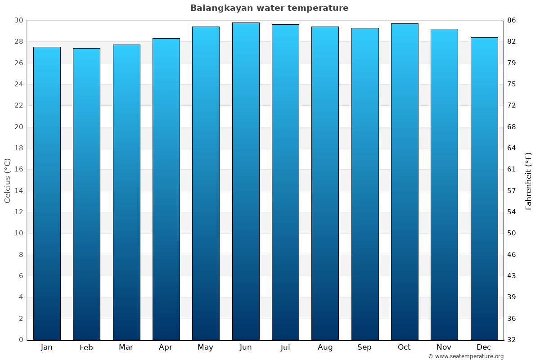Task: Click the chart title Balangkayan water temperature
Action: (269, 8)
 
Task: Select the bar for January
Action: (47, 193)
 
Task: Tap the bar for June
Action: (246, 181)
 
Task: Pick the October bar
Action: (405, 182)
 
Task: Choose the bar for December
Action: (484, 189)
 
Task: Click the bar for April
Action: (166, 189)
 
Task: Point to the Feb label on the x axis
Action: (86, 347)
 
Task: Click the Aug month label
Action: (325, 347)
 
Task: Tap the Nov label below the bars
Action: (444, 347)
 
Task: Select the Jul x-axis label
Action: (285, 347)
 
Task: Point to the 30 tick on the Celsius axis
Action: (18, 20)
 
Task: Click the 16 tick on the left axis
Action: (18, 170)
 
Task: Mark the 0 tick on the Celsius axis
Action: (21, 340)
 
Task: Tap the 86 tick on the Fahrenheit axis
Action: (512, 20)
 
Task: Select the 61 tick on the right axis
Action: (512, 170)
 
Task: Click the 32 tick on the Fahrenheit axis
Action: (512, 340)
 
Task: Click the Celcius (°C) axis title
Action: (7, 180)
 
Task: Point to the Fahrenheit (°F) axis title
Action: (529, 180)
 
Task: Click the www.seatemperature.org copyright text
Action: (466, 356)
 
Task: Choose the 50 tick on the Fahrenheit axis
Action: (512, 233)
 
